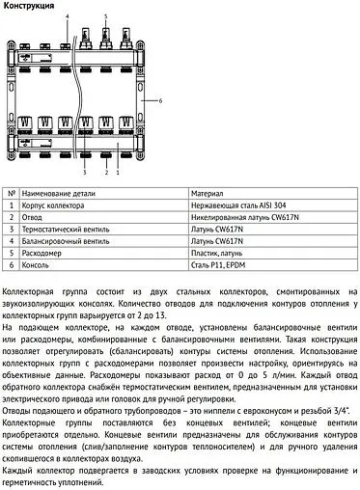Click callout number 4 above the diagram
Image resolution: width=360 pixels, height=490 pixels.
pos(69,17)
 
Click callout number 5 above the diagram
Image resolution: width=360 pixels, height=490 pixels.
pos(105,17)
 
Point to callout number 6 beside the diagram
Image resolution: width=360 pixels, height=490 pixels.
pos(160,99)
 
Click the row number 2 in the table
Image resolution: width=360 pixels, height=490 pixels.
pos(12,217)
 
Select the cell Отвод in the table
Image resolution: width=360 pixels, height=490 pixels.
pos(36,217)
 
